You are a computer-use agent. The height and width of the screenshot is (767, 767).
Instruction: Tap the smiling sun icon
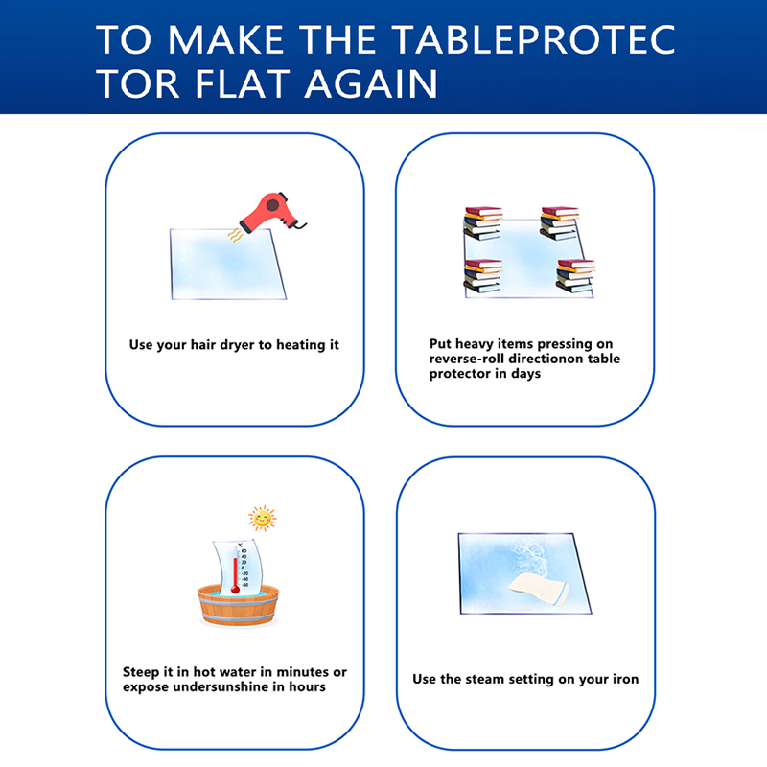tap(263, 518)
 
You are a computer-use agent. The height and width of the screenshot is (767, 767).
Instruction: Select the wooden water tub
tap(238, 606)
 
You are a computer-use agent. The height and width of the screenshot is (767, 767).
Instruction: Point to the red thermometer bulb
tap(235, 590)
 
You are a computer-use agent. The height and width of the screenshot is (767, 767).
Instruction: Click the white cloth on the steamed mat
tap(539, 590)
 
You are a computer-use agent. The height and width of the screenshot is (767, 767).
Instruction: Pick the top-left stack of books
tap(483, 223)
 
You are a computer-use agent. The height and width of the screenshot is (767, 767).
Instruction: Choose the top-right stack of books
tap(560, 223)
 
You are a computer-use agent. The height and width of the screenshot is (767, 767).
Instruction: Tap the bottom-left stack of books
tap(483, 276)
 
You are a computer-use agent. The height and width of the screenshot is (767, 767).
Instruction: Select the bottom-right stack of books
tap(575, 276)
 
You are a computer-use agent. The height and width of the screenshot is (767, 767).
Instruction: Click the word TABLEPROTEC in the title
tap(534, 40)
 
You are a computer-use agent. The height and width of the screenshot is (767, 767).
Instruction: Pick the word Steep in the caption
tap(141, 673)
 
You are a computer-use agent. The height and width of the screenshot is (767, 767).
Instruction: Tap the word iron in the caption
tap(625, 679)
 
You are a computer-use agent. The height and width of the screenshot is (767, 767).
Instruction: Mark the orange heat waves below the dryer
tap(235, 235)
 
